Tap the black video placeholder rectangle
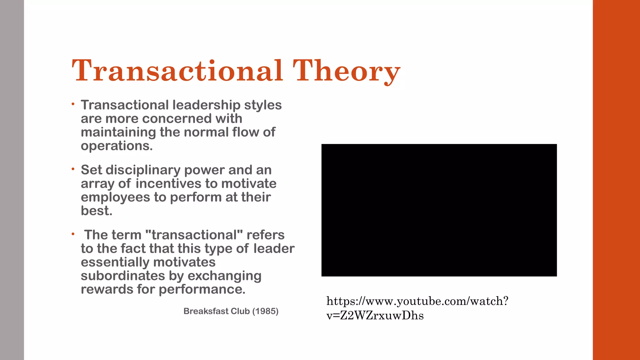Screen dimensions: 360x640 tap(439, 210)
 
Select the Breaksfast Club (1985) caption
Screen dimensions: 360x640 tap(231, 311)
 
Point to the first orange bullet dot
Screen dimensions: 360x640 tap(73, 104)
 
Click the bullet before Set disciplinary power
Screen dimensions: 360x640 tap(73, 169)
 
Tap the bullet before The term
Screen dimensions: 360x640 tap(73, 234)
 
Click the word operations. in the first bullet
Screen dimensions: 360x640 tap(117, 146)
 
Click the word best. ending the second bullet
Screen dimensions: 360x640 tap(96, 211)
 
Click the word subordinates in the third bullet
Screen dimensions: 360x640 tap(123, 276)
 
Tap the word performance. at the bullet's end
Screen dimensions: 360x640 tap(202, 289)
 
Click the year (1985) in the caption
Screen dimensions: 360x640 tap(265, 311)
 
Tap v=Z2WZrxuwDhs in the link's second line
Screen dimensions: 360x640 tap(375, 316)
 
